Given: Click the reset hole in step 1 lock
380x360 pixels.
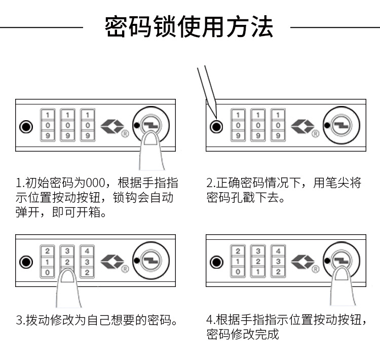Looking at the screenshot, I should (25, 126).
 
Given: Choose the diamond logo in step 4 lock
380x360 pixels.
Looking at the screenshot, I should (303, 262).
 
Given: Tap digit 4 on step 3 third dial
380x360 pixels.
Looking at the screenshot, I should (87, 251).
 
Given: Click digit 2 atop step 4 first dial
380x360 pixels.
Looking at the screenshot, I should (238, 251).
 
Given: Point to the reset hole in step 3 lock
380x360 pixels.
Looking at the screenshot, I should (25, 262).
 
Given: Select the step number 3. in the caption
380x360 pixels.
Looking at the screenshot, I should (21, 320).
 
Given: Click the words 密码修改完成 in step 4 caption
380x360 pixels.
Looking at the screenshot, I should (243, 335).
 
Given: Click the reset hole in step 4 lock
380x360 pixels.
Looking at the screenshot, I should (216, 262).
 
